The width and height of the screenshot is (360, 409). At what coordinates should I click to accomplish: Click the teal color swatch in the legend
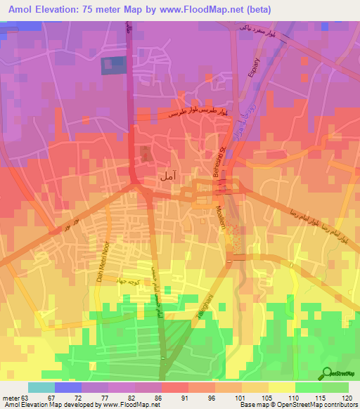(41, 387)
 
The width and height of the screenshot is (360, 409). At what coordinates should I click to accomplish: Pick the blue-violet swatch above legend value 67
(67, 387)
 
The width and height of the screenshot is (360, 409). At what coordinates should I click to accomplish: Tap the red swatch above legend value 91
(174, 387)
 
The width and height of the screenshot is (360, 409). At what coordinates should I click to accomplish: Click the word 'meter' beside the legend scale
(11, 397)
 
